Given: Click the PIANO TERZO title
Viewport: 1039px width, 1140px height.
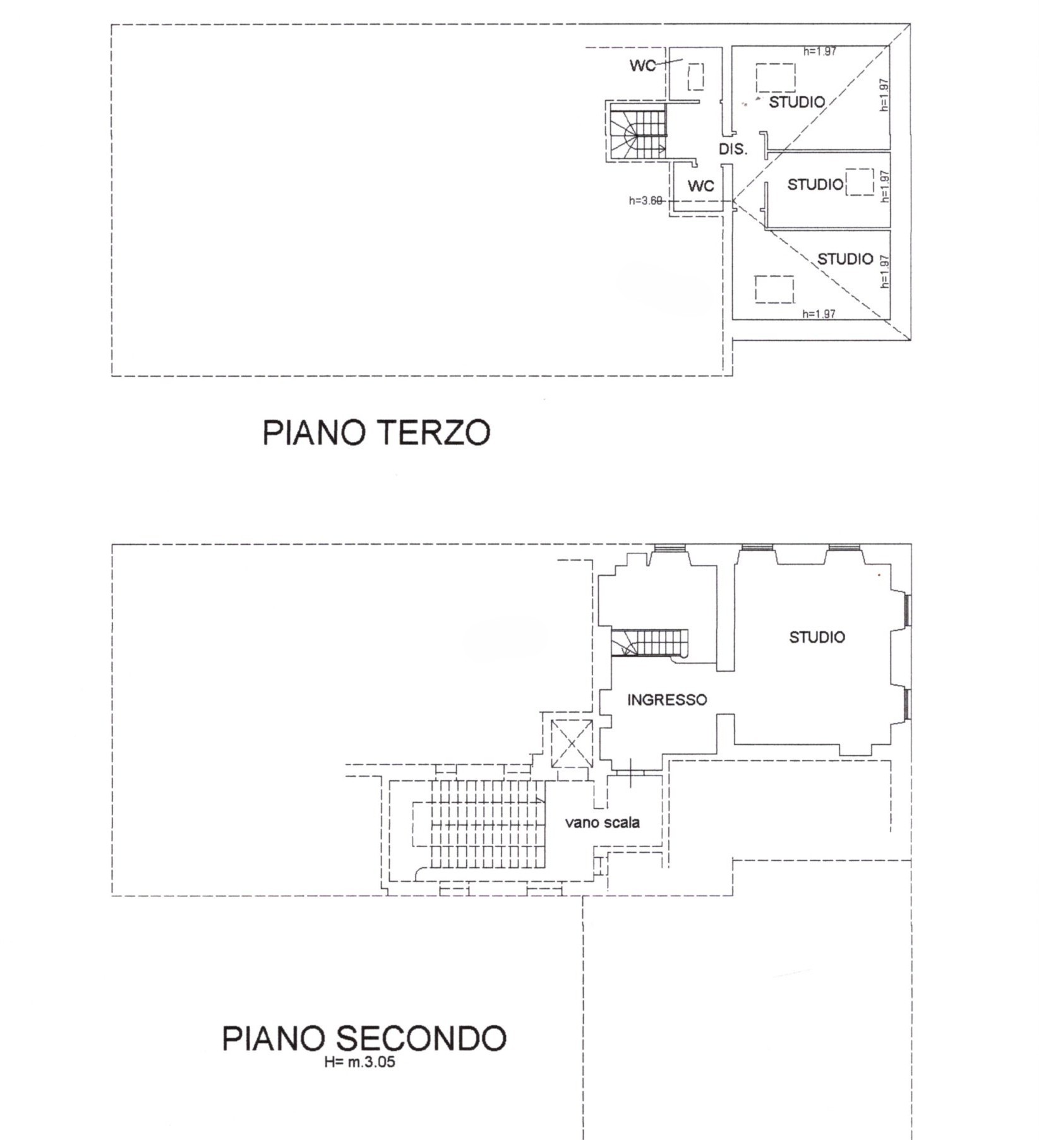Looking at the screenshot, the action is point(376,432).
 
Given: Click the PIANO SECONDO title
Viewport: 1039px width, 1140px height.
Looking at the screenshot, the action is point(364,1038).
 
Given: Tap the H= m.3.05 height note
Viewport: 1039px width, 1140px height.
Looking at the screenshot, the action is point(360,1062).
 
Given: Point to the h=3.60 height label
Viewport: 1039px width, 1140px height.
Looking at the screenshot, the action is point(646,201).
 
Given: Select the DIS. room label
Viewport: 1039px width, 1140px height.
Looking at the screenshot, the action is point(733,150).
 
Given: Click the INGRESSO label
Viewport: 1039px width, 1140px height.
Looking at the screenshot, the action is point(667,699).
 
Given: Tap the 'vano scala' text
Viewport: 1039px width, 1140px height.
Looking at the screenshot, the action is point(603,822).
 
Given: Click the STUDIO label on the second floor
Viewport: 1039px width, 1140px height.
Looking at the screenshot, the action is point(817,637).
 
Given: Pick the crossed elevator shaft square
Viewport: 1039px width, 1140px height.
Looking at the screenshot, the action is point(572,744).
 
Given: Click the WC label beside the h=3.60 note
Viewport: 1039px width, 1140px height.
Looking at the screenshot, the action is point(700,186).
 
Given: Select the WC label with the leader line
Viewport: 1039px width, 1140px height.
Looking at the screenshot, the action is point(642,66).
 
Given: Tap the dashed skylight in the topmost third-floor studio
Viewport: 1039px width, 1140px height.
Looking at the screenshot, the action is point(776,78).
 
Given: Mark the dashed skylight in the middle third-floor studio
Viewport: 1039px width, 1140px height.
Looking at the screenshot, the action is point(860,182).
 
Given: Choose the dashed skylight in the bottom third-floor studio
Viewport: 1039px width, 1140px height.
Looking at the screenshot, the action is point(774,290).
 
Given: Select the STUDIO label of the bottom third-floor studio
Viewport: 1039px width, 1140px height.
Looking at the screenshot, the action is point(845,259).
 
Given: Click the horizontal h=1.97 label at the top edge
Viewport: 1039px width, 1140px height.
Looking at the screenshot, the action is point(820,51).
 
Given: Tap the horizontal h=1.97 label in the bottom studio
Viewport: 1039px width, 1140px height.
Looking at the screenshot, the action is point(819,314).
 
